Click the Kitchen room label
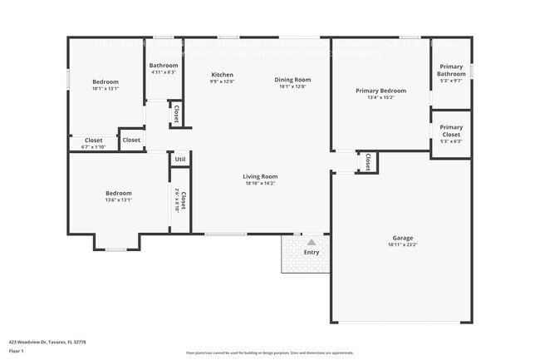tap(222, 75)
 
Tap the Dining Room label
tap(292, 80)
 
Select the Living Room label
tap(260, 176)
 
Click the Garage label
tap(402, 238)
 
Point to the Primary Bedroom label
tap(380, 91)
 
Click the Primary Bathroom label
tap(451, 71)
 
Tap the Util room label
tap(180, 159)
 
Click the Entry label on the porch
tap(311, 252)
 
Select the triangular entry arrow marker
tap(312, 242)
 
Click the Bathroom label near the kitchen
tap(164, 65)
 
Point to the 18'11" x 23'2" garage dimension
tap(402, 246)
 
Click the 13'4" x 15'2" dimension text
tap(380, 98)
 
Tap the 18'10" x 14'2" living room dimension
tap(260, 184)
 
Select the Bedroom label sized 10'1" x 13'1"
tap(106, 81)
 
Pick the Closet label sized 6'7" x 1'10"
tap(94, 141)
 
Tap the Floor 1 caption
tap(17, 351)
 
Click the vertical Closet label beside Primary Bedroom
tap(366, 161)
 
